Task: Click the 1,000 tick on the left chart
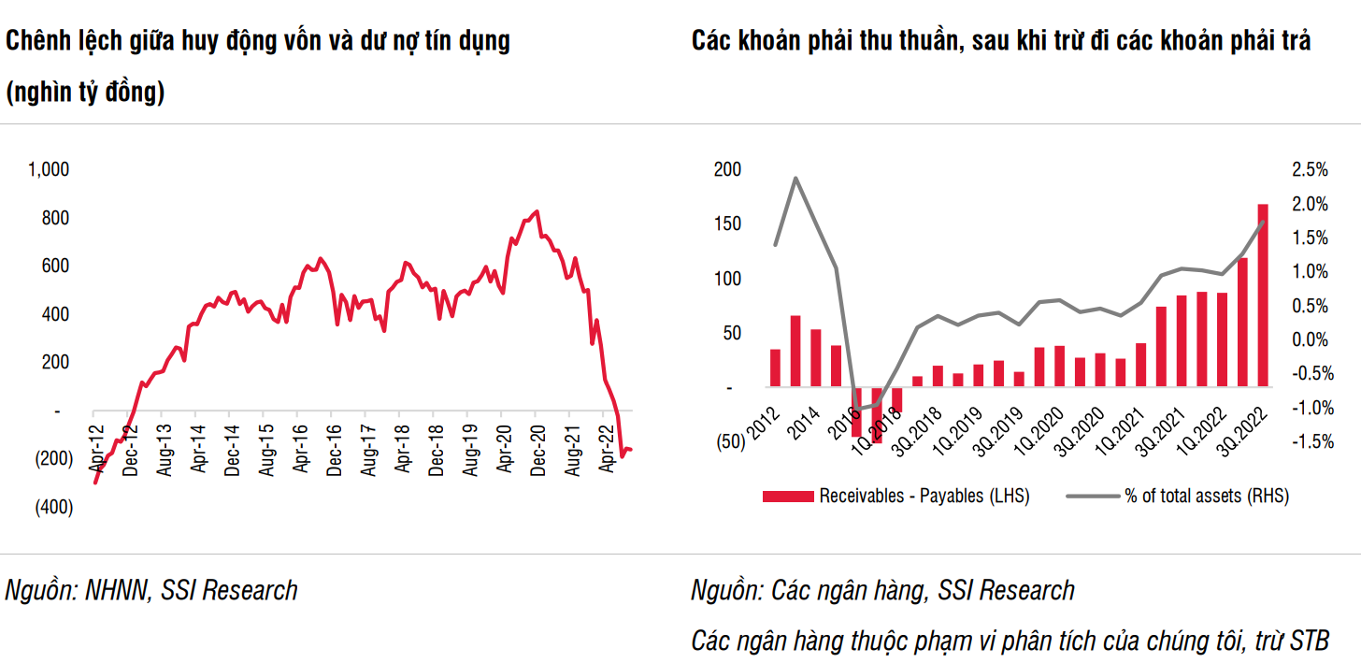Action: tap(50, 169)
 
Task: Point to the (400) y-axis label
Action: tap(53, 507)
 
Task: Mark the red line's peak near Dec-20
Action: tap(536, 211)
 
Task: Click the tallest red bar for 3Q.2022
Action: tap(1262, 295)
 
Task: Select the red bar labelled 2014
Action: tap(815, 357)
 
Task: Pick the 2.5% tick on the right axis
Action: tap(1310, 169)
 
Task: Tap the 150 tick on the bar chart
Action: tap(728, 223)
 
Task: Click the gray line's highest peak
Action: tap(795, 178)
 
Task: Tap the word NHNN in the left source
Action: tap(119, 590)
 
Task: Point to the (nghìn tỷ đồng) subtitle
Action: tap(85, 93)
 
